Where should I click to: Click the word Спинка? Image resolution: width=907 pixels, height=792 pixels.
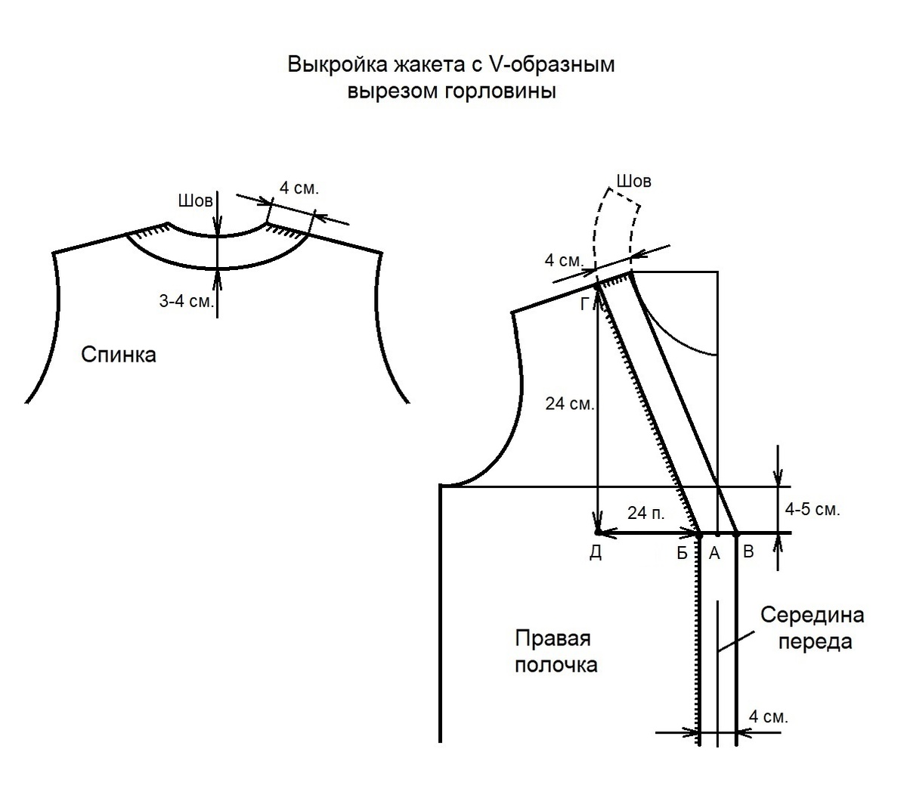[x=118, y=355]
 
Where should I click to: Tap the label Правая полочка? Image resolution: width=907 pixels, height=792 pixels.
[x=556, y=651]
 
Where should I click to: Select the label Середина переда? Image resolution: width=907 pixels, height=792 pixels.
[x=812, y=628]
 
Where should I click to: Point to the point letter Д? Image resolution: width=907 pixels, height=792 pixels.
[x=596, y=554]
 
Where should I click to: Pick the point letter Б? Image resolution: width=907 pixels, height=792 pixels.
[x=683, y=554]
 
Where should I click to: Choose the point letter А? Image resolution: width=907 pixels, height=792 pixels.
[x=714, y=554]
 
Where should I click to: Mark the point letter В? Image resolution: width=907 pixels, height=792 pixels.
[x=748, y=552]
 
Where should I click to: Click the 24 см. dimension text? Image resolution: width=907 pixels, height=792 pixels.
[x=570, y=404]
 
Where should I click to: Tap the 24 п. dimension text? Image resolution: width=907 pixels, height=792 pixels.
[x=646, y=514]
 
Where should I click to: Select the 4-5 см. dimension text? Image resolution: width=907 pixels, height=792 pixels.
[x=813, y=510]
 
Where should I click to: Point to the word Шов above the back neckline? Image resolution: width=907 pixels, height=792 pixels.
[x=195, y=201]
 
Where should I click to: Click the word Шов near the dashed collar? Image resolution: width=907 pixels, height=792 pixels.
[x=633, y=182]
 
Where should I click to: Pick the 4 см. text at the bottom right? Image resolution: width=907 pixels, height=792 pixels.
[x=768, y=716]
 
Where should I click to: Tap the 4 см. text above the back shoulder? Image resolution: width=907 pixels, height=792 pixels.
[x=299, y=188]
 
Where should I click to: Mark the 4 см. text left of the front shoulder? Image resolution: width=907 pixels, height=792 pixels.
[x=563, y=260]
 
